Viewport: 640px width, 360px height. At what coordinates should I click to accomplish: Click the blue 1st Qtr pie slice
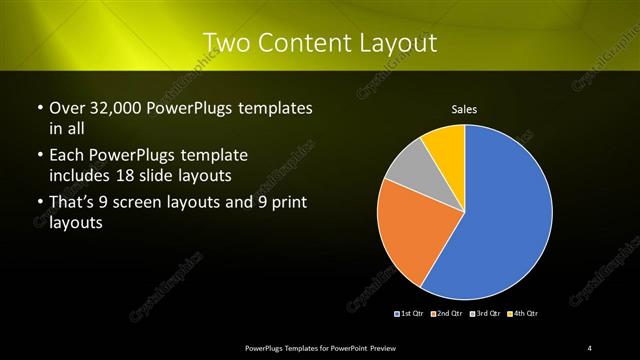(500, 220)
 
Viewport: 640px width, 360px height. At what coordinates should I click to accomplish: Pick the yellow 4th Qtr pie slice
(445, 145)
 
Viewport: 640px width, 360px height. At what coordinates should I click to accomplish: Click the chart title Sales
(464, 109)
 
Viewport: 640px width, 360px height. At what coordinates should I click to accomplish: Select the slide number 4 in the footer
(589, 347)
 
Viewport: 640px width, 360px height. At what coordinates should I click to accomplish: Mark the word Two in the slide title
(225, 42)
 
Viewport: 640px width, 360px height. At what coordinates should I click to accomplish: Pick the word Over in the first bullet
(67, 108)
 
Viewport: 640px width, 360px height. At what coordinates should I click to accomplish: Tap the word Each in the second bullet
(67, 156)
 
